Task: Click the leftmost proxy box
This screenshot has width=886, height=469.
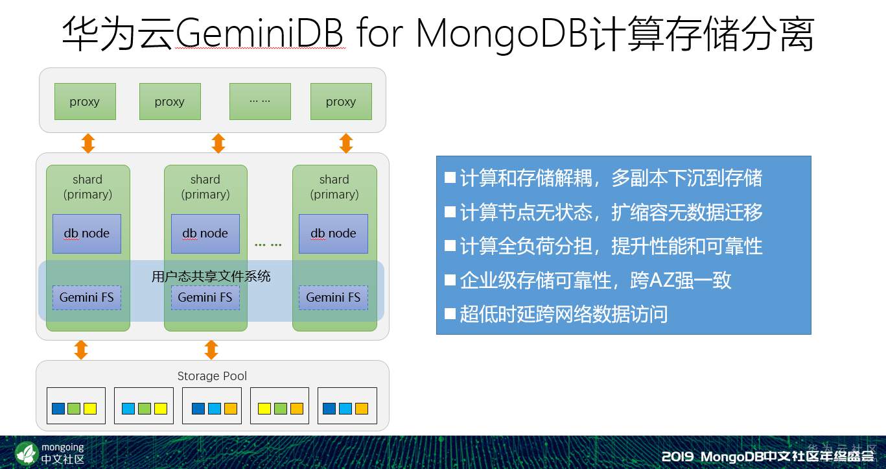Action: click(x=85, y=101)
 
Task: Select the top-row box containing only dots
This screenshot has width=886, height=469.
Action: click(x=261, y=101)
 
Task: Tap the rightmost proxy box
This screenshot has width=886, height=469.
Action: click(x=341, y=101)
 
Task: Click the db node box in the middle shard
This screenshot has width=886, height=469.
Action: click(x=205, y=234)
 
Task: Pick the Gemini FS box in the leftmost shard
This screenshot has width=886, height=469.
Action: click(x=87, y=297)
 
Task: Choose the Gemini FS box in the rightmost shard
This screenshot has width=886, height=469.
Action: click(x=333, y=297)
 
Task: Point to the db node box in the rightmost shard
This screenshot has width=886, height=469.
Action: click(x=333, y=234)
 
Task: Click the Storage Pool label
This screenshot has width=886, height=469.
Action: click(x=212, y=376)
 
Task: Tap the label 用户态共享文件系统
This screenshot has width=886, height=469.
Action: click(x=211, y=276)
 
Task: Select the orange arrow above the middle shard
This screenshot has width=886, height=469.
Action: click(x=218, y=143)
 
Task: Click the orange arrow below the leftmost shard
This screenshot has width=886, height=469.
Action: click(x=81, y=350)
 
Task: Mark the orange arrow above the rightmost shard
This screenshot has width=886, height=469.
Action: click(x=346, y=143)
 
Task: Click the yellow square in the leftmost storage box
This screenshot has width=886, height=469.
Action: click(x=90, y=409)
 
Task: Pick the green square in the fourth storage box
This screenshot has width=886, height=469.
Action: click(x=281, y=409)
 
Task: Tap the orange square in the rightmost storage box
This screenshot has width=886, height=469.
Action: click(x=362, y=409)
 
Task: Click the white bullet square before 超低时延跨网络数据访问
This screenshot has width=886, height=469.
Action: click(x=450, y=314)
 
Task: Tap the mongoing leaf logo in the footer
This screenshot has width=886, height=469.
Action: click(x=26, y=453)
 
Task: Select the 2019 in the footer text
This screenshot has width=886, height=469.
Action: click(x=677, y=456)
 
